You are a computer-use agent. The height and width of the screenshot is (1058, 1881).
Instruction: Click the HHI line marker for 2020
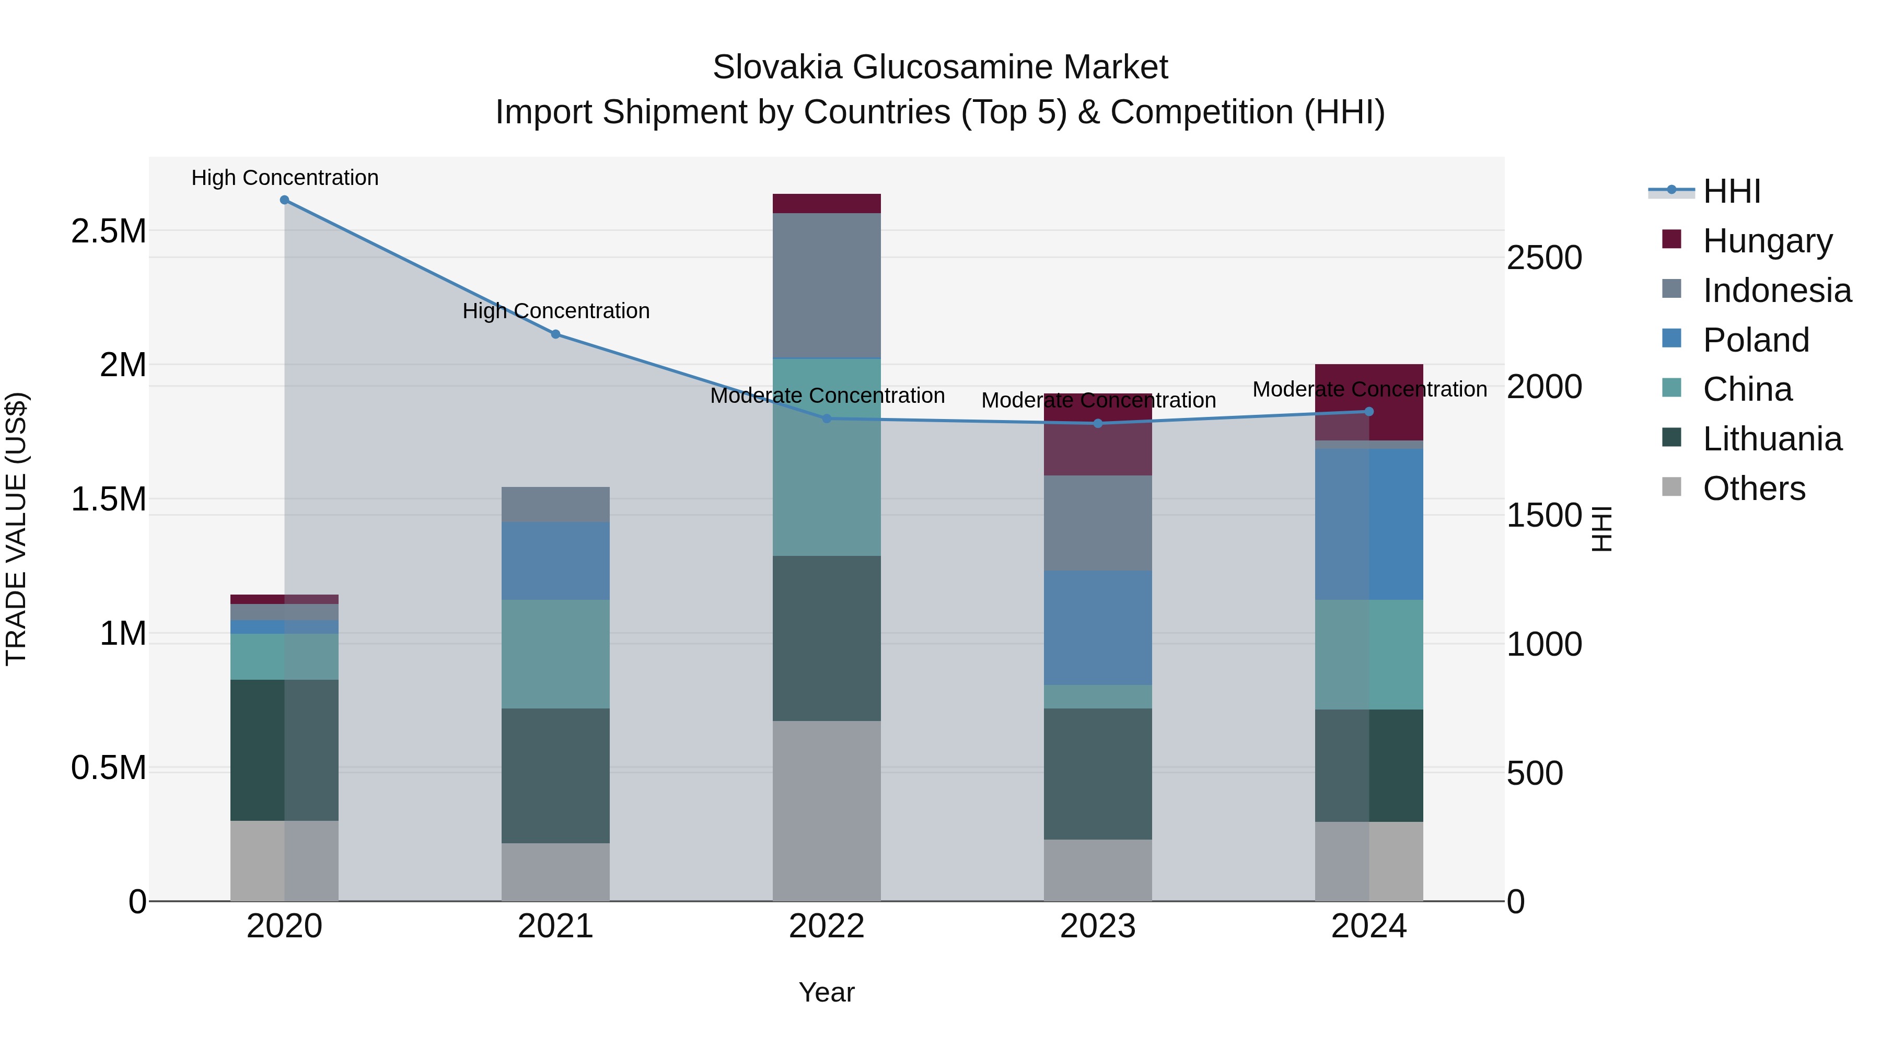click(284, 200)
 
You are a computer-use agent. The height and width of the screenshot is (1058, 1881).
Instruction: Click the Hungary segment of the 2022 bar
click(827, 204)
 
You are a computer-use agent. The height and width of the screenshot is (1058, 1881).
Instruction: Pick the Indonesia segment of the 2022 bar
click(827, 285)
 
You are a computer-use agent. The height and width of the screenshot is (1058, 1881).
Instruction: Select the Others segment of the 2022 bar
click(827, 810)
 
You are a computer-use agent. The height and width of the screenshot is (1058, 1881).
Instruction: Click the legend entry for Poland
click(1756, 340)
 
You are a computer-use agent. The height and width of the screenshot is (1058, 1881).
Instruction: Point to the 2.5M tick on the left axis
click(109, 231)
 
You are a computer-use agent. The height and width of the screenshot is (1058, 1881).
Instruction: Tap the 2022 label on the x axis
click(827, 926)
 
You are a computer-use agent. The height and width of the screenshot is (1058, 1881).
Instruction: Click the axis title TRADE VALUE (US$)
click(17, 529)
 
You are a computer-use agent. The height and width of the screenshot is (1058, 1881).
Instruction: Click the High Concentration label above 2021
click(556, 311)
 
